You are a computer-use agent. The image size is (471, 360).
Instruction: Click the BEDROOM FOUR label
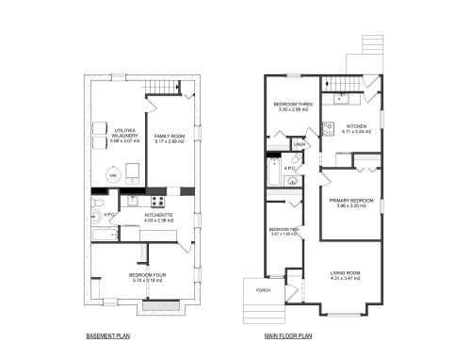tap(146, 275)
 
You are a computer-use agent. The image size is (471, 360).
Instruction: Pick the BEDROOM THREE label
tap(289, 104)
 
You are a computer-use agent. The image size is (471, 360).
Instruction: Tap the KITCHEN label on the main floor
tap(355, 125)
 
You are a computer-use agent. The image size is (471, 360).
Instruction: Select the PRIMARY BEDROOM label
tap(350, 201)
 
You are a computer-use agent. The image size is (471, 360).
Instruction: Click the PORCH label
tap(264, 290)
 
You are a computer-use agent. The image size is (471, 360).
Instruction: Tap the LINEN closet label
tap(298, 144)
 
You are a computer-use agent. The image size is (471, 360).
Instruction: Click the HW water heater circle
tap(114, 174)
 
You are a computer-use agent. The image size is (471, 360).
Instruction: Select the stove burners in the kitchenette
tap(157, 200)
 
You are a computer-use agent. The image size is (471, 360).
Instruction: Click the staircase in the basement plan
tap(166, 87)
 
